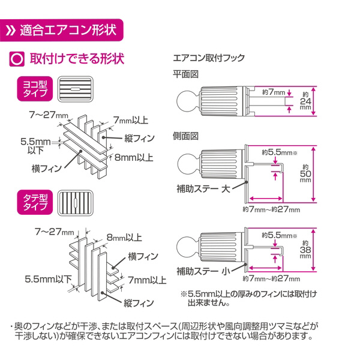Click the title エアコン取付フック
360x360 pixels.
[208, 59]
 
